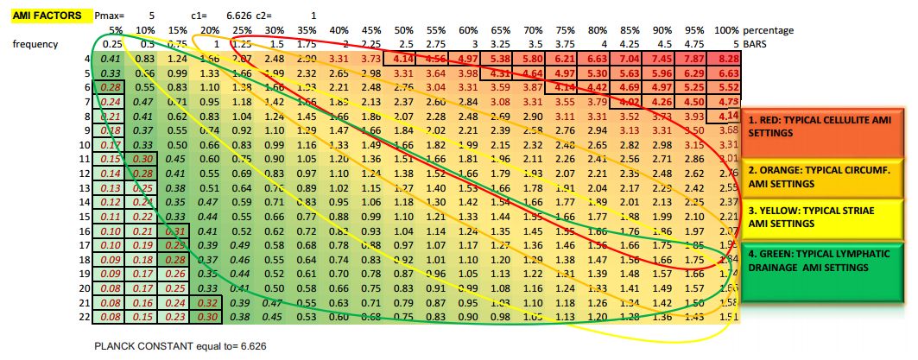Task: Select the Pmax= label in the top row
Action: point(110,16)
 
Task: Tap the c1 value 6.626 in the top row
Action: point(237,16)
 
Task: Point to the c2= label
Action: point(270,16)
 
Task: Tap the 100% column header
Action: point(726,30)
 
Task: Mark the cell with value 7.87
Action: point(694,58)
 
